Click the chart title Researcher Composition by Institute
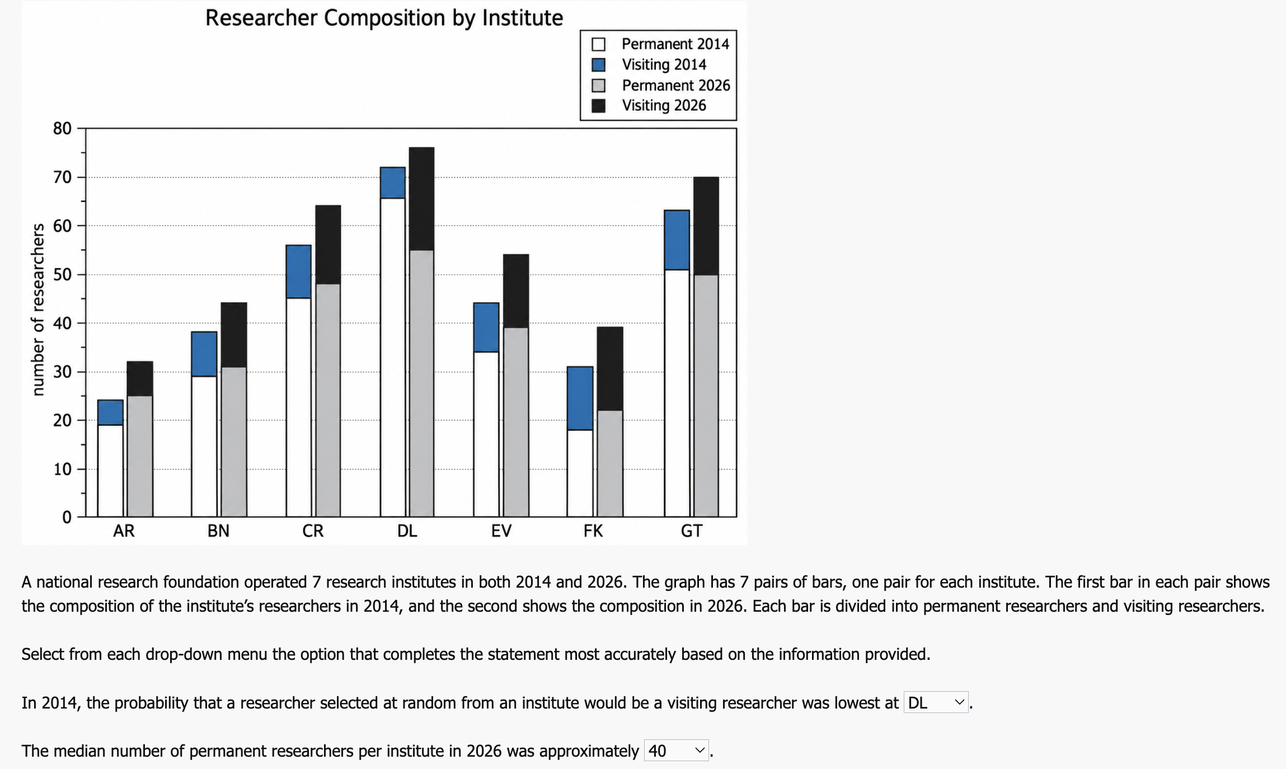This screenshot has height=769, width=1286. (x=384, y=18)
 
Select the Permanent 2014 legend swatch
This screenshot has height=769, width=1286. (x=598, y=44)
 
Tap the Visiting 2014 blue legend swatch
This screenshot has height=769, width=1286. (x=598, y=65)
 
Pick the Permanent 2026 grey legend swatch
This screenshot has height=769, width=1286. (x=598, y=86)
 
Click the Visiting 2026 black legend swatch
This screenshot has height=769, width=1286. (x=598, y=106)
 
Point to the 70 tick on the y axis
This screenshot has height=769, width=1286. (x=62, y=177)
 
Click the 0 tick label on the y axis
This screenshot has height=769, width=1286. (x=67, y=517)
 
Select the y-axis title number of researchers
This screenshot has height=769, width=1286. (x=38, y=310)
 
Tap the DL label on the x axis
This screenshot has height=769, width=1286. (x=407, y=531)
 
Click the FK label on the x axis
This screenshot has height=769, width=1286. (x=593, y=531)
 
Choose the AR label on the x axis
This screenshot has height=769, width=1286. (x=124, y=531)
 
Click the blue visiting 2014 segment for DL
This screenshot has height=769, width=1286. (x=392, y=183)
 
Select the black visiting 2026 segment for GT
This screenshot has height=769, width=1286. (x=706, y=226)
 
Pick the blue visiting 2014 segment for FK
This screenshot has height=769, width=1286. (x=580, y=398)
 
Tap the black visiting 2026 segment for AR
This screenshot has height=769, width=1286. (x=140, y=379)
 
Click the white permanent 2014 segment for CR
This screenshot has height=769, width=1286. (x=298, y=407)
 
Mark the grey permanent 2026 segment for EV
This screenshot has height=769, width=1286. (x=516, y=422)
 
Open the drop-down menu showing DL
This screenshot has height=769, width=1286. (x=936, y=702)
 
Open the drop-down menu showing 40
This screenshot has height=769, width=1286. (x=676, y=751)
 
